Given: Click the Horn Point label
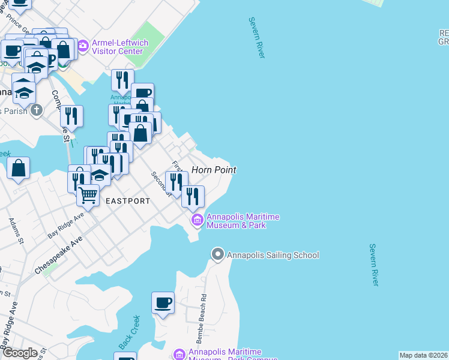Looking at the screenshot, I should pos(214,170).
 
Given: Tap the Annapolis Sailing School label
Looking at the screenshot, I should pos(273,255).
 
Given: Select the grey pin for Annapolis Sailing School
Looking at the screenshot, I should pos(217,255).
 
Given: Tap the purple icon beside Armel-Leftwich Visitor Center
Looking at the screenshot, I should pos(83,44).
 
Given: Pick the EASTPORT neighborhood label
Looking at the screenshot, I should pos(128,201).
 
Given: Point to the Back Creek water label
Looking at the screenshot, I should pos(129,332).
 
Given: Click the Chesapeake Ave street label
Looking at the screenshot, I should pos(59,255).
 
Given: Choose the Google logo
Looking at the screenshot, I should pos(20,352).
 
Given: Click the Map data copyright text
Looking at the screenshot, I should pos(424,355).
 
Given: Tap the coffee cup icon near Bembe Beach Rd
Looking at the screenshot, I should pos(163,302).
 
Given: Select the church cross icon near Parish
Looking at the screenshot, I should pos(37,110).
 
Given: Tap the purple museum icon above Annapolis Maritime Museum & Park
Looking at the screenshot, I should pos(197,221).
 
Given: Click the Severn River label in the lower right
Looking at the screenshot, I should pos(375,265).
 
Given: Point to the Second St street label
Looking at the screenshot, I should pos(161,184).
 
